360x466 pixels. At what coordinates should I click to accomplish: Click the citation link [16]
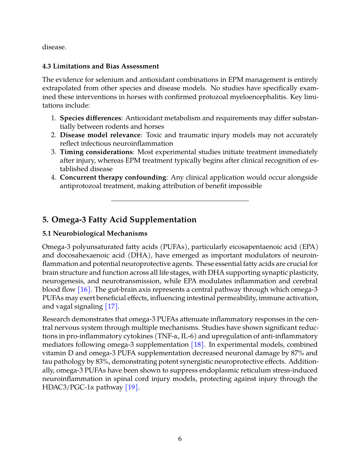click(84, 289)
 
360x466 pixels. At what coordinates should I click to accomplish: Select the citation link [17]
click(111, 306)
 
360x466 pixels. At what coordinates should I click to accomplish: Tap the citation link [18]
click(197, 344)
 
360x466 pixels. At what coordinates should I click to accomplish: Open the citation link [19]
click(132, 387)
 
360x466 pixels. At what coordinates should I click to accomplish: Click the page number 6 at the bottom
click(180, 439)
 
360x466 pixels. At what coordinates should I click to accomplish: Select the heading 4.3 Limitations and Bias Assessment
click(100, 66)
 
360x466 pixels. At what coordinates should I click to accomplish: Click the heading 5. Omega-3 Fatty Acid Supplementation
click(119, 220)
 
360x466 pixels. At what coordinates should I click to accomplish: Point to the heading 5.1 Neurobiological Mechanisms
click(94, 233)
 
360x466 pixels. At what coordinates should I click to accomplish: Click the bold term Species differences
click(90, 118)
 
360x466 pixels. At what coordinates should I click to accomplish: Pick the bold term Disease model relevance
click(100, 135)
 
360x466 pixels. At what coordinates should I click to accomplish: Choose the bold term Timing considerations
click(96, 152)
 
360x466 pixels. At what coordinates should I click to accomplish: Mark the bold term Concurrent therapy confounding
click(113, 177)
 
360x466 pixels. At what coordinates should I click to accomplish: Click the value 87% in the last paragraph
click(296, 353)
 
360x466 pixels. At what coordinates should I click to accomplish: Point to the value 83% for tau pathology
click(102, 361)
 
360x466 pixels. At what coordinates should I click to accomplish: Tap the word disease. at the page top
click(54, 47)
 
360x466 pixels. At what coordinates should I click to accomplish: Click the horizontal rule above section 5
click(180, 201)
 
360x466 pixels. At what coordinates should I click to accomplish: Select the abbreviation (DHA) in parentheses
click(139, 255)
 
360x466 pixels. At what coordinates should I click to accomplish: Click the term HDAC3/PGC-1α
click(68, 387)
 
